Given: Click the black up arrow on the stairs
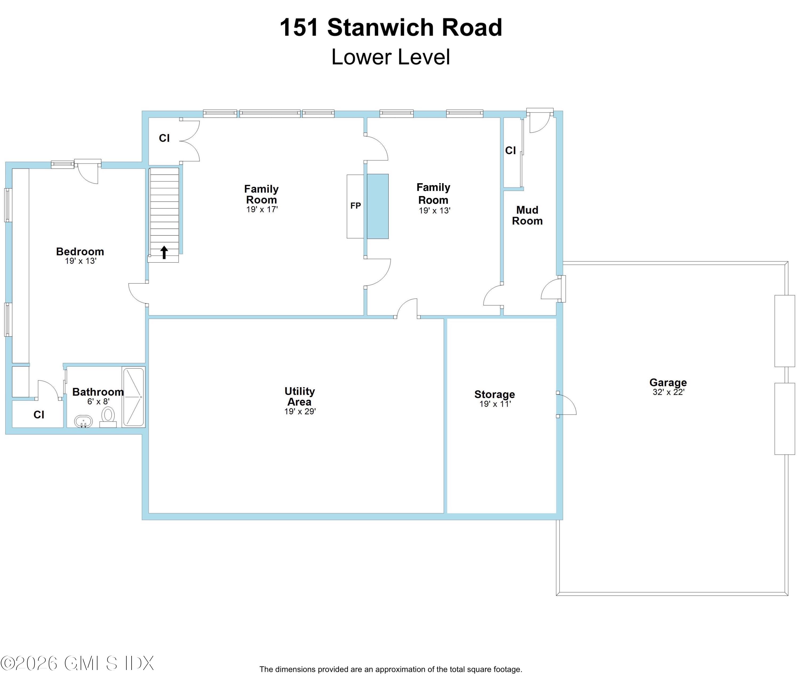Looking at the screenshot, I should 164,252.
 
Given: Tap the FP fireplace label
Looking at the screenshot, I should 355,206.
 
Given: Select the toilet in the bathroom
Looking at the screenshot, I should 108,416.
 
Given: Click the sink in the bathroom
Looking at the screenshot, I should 83,421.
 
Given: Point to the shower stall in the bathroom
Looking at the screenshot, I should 133,397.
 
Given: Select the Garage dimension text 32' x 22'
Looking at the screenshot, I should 668,392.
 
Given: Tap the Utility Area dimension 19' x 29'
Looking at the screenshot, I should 300,411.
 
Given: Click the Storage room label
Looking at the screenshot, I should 495,394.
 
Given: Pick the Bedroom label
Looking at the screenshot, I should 80,251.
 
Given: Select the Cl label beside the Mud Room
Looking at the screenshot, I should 511,150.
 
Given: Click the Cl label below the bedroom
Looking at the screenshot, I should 39,415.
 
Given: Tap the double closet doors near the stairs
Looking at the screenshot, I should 190,140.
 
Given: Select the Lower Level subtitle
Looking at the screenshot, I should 391,57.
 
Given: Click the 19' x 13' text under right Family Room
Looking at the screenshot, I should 434,211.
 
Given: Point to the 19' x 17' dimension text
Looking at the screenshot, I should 262,209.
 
